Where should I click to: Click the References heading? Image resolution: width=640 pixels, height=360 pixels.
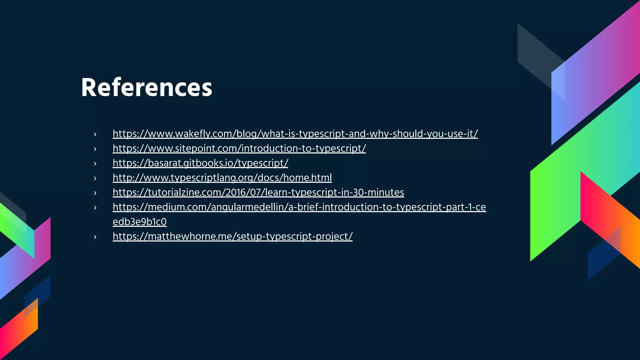147,87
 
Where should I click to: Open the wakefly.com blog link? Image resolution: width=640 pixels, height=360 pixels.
295,134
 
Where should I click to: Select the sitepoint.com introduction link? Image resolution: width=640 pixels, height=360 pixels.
239,148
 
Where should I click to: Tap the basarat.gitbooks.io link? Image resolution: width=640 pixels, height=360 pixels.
200,163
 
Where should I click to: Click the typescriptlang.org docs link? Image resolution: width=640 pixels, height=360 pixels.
222,178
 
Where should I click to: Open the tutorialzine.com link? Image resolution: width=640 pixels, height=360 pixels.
258,192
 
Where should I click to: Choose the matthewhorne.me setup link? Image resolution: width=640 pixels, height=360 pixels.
232,237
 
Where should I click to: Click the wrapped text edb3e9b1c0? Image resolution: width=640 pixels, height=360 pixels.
139,222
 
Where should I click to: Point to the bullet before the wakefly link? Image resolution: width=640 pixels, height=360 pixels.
95,134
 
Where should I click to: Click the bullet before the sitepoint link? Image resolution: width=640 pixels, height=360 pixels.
95,149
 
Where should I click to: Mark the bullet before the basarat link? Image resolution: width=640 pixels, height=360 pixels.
95,164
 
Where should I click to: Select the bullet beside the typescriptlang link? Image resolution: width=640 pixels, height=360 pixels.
95,178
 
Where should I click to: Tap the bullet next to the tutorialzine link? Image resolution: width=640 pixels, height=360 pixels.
95,193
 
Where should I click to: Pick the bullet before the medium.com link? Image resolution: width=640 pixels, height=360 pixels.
95,208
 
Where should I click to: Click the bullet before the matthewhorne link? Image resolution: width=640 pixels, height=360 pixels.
95,237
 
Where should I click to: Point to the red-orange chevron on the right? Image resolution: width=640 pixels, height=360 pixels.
609,219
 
